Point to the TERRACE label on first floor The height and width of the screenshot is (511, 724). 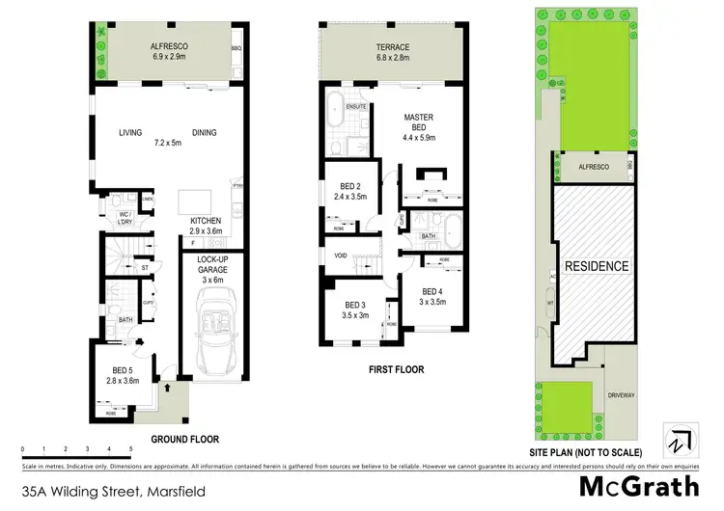393,47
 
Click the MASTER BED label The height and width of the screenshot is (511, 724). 419,122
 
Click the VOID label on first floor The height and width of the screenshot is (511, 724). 341,256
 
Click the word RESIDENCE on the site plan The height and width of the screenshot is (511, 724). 596,266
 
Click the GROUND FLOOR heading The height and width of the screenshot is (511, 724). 185,439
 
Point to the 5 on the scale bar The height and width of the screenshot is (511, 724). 129,449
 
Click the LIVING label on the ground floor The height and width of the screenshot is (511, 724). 130,133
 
